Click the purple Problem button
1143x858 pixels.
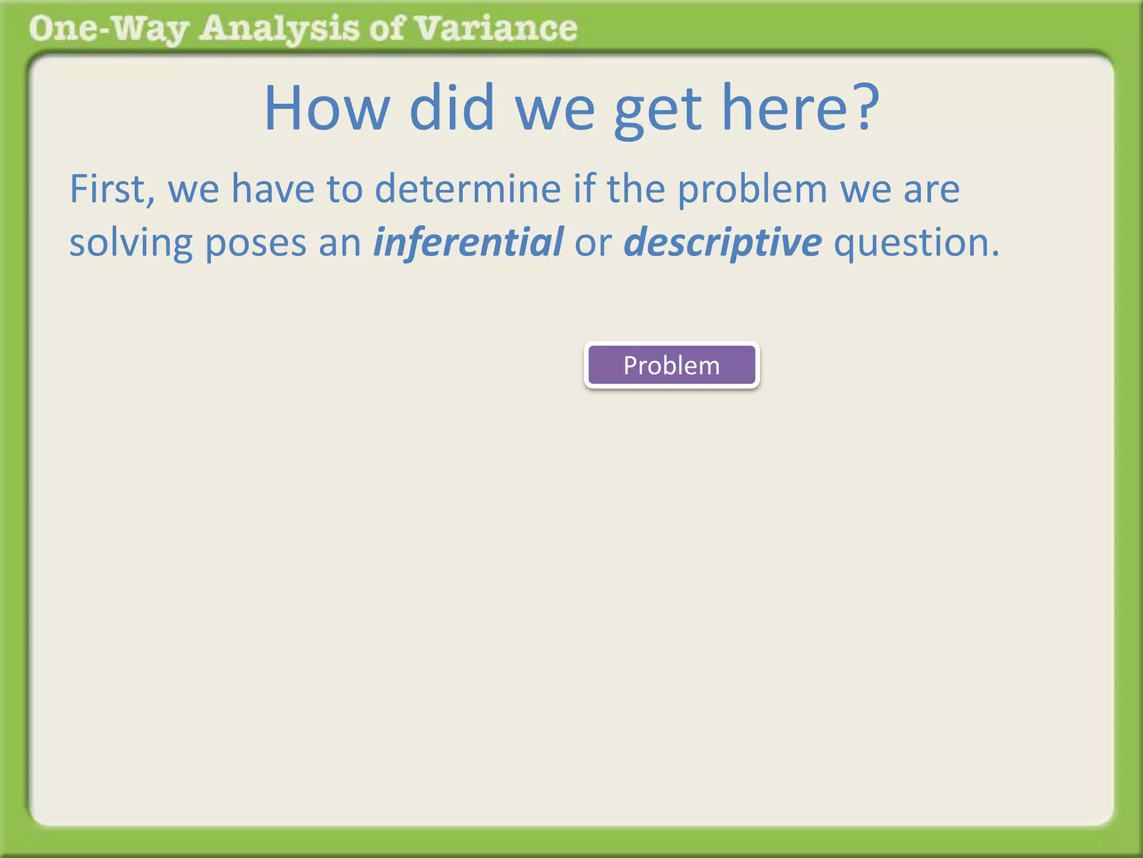coord(671,365)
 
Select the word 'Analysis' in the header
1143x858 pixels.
coord(279,29)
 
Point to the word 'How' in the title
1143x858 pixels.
coord(326,107)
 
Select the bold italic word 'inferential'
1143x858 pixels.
coord(468,242)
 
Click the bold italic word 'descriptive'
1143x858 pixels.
coord(723,243)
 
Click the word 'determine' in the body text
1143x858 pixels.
coord(468,189)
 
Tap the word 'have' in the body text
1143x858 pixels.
coord(273,189)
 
